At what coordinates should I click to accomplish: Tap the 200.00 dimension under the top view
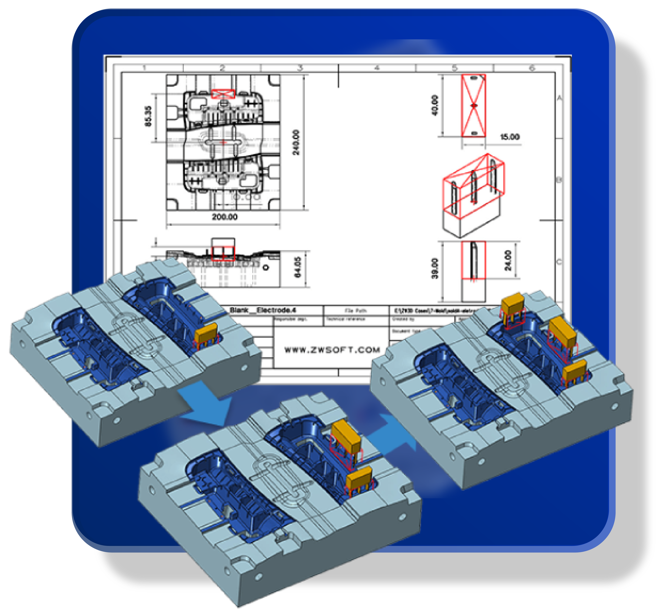click(x=225, y=217)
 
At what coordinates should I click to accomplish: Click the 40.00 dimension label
click(x=435, y=105)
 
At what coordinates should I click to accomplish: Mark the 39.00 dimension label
click(x=435, y=268)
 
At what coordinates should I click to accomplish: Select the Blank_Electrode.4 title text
click(x=263, y=310)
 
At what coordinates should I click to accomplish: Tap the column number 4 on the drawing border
click(x=377, y=68)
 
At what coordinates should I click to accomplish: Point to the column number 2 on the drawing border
click(x=222, y=68)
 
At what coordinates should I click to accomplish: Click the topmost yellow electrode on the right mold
click(x=513, y=303)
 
